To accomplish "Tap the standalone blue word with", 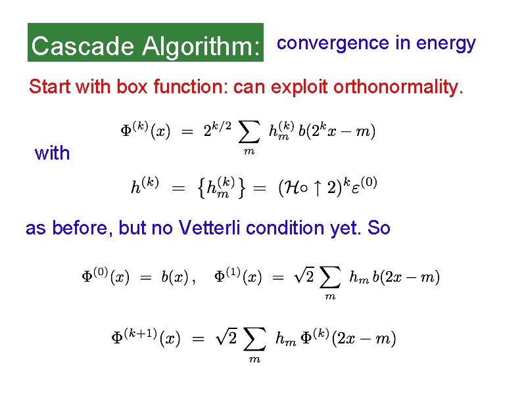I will click(x=52, y=153).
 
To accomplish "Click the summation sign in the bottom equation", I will click(x=255, y=339).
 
